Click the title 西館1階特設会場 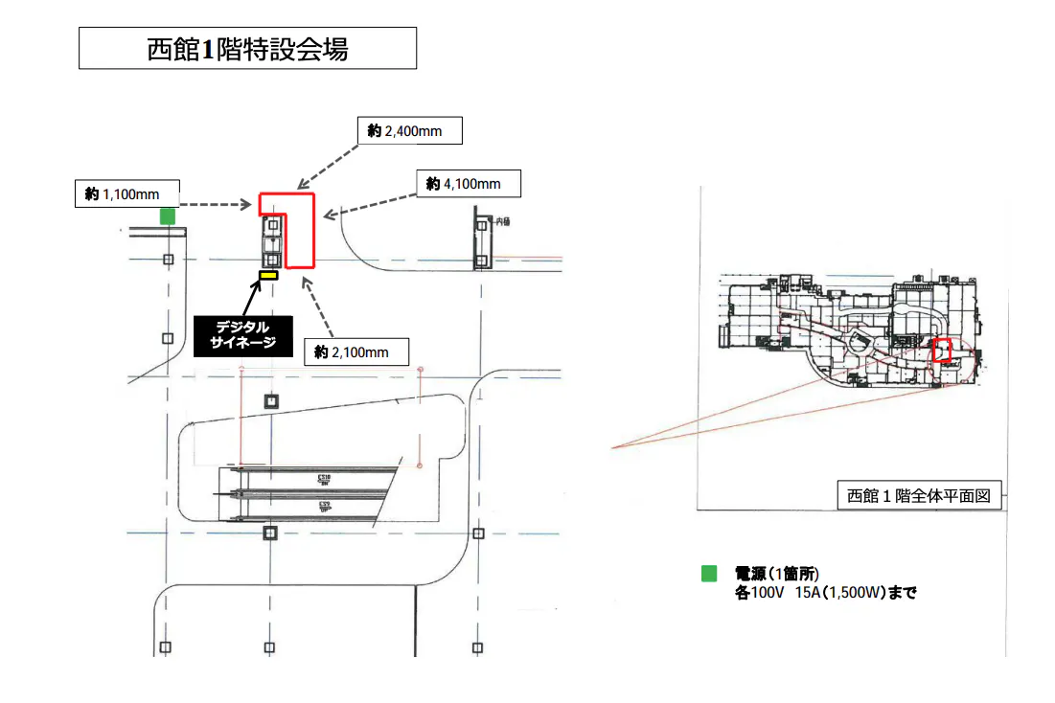[247, 48]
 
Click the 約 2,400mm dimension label [409, 131]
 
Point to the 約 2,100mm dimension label [355, 352]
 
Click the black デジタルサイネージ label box [242, 334]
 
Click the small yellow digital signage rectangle [268, 276]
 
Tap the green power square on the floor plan [168, 216]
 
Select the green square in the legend [709, 575]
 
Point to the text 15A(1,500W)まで [849, 593]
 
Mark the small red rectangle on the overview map [943, 350]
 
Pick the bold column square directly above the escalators [271, 401]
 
